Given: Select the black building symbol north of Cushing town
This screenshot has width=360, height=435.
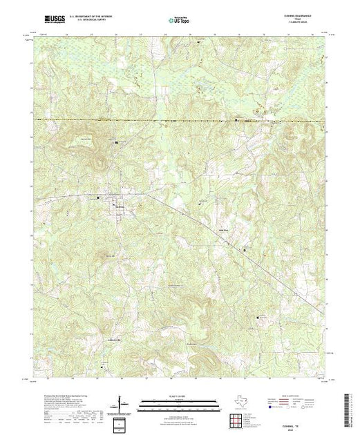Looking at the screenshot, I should coord(117,142).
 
